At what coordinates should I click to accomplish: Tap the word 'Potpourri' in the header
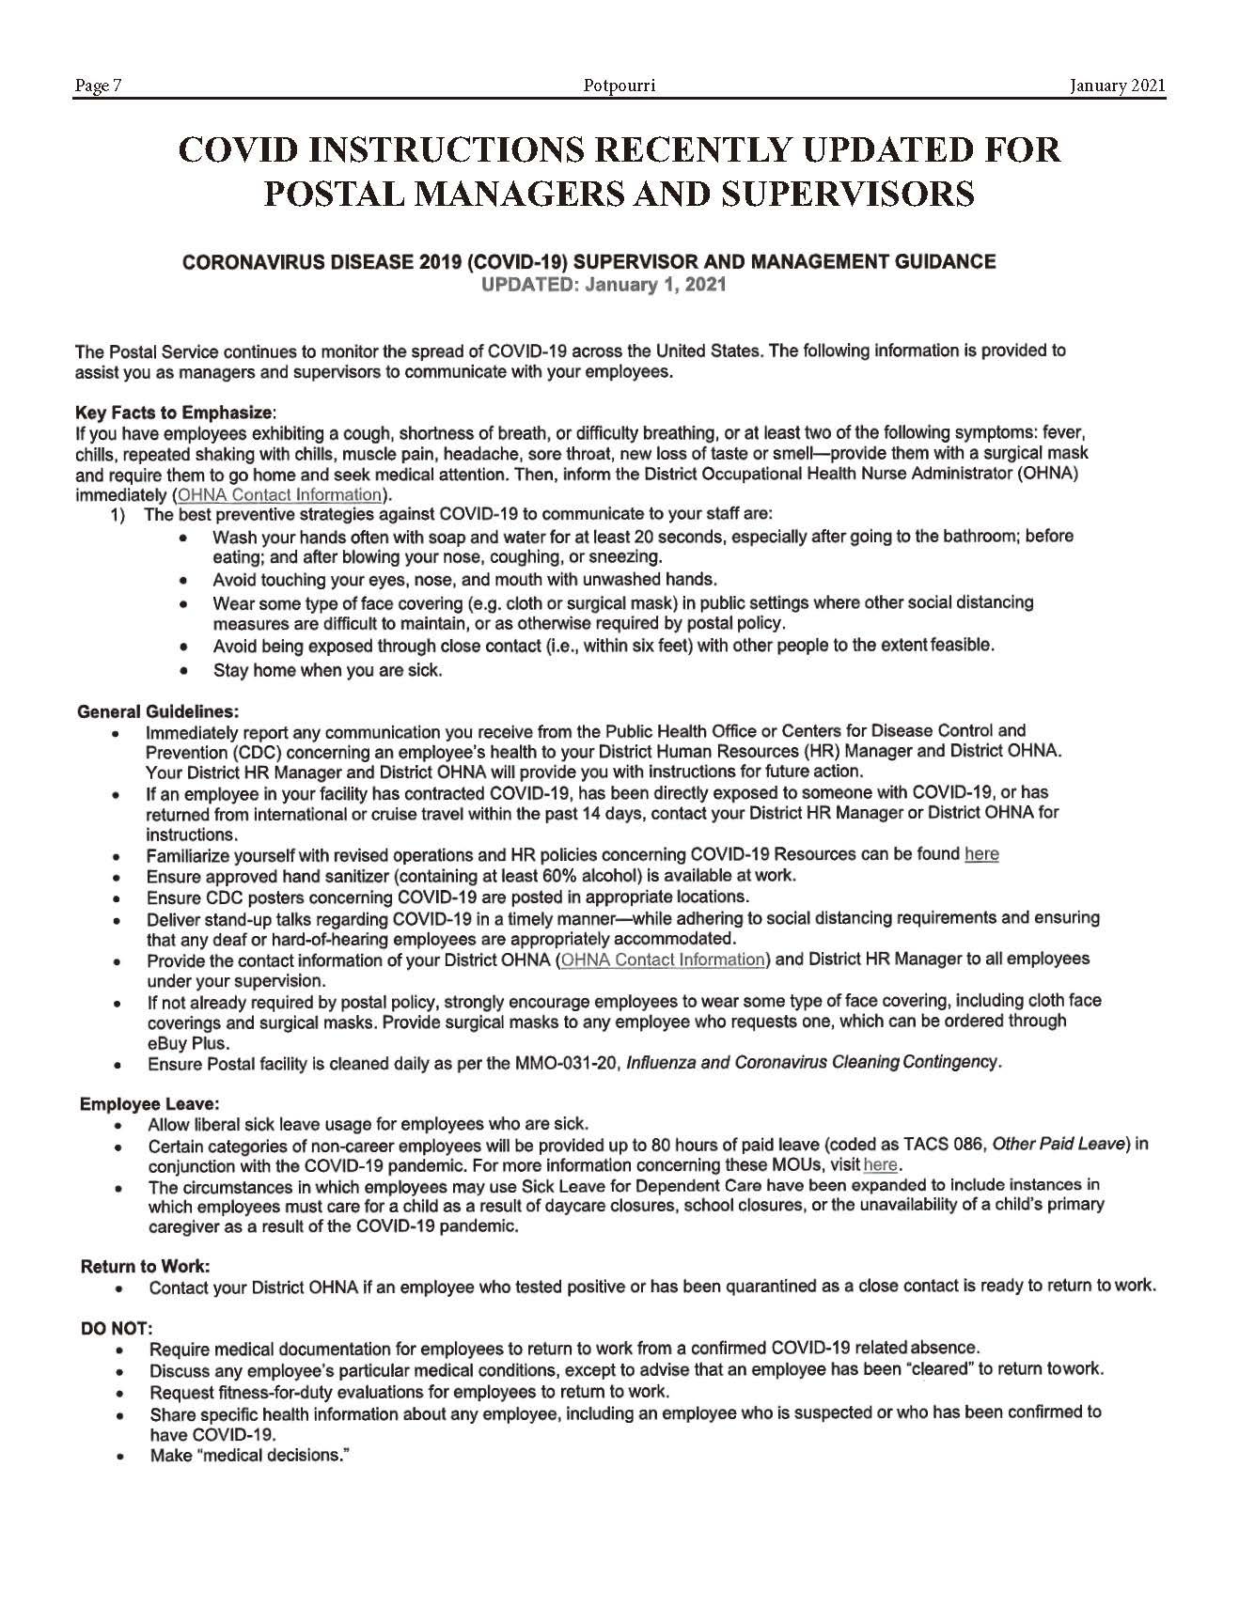point(619,86)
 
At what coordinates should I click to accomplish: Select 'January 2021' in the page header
point(1117,86)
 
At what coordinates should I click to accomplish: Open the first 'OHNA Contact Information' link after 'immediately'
point(279,494)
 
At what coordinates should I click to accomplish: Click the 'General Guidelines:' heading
point(157,710)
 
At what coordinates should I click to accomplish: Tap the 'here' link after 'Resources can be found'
point(981,854)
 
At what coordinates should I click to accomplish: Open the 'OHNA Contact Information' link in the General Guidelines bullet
point(663,960)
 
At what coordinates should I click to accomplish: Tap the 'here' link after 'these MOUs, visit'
point(880,1165)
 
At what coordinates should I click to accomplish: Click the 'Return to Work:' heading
point(145,1266)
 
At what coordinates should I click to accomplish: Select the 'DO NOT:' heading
point(116,1327)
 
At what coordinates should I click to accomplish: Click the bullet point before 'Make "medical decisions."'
point(120,1456)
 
